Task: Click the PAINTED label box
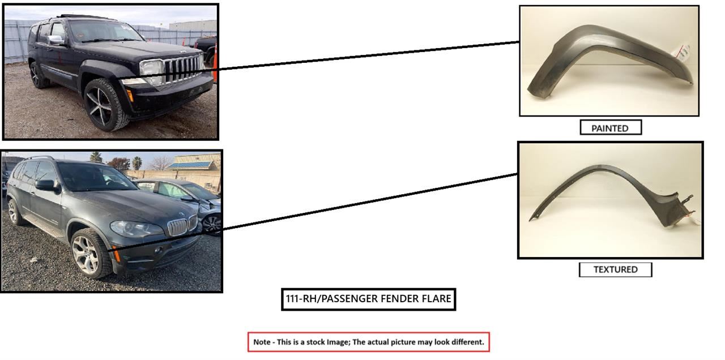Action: [x=610, y=128]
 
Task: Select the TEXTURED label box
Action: [x=615, y=269]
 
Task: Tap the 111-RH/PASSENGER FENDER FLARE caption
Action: [x=368, y=299]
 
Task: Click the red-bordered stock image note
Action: [x=368, y=342]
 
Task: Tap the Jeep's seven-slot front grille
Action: [x=183, y=68]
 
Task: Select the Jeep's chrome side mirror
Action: [x=56, y=40]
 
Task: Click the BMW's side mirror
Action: [x=46, y=185]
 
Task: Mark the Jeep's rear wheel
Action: [x=37, y=75]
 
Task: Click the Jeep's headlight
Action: [x=151, y=69]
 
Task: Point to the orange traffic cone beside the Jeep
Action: [x=215, y=62]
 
